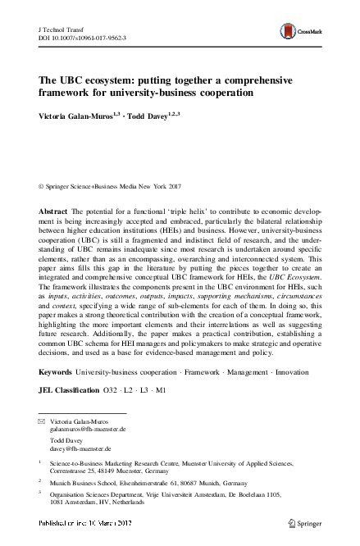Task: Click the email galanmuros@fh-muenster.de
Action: point(88,429)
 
